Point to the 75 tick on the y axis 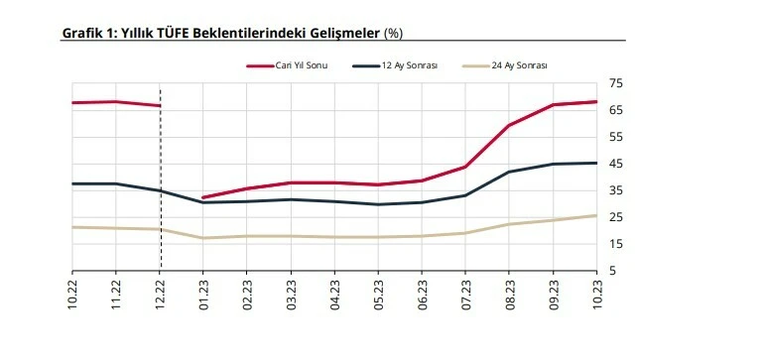point(616,83)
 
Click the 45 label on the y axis point(616,164)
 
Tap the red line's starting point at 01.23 point(203,197)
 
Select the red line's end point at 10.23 point(595,101)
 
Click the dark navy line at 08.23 point(508,172)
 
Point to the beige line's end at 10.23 point(595,215)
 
